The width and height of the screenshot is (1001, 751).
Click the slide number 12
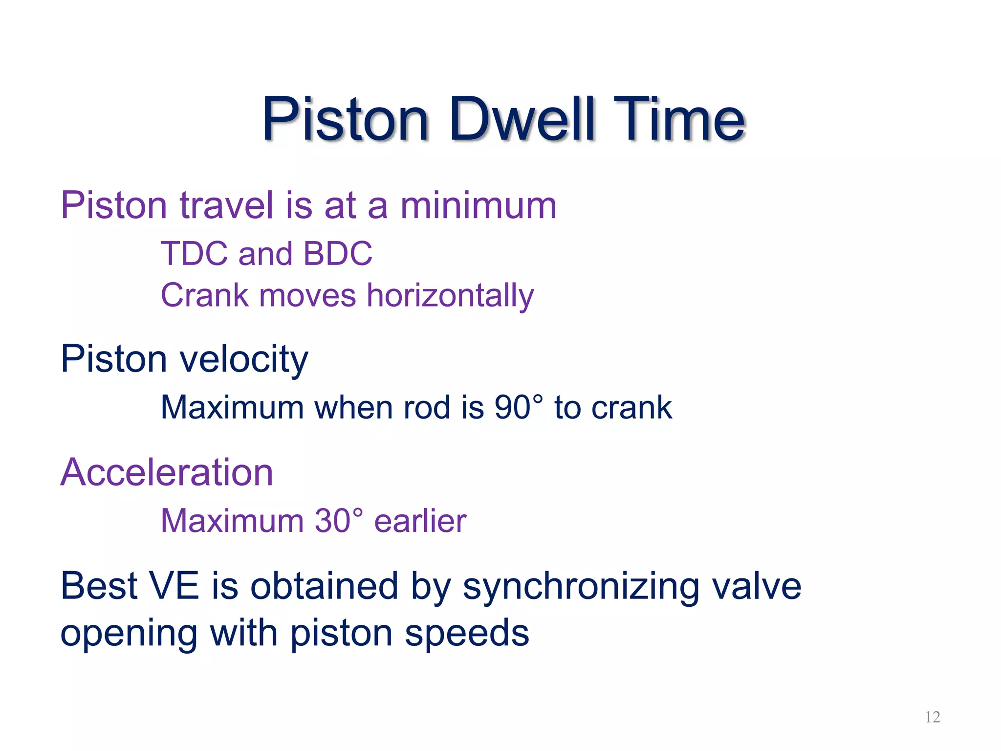(x=933, y=717)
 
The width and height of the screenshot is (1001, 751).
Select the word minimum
(x=479, y=205)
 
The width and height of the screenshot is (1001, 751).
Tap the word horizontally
(x=450, y=296)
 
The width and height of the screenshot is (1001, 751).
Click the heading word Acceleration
(x=167, y=472)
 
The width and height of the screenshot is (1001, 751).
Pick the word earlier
(x=420, y=521)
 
